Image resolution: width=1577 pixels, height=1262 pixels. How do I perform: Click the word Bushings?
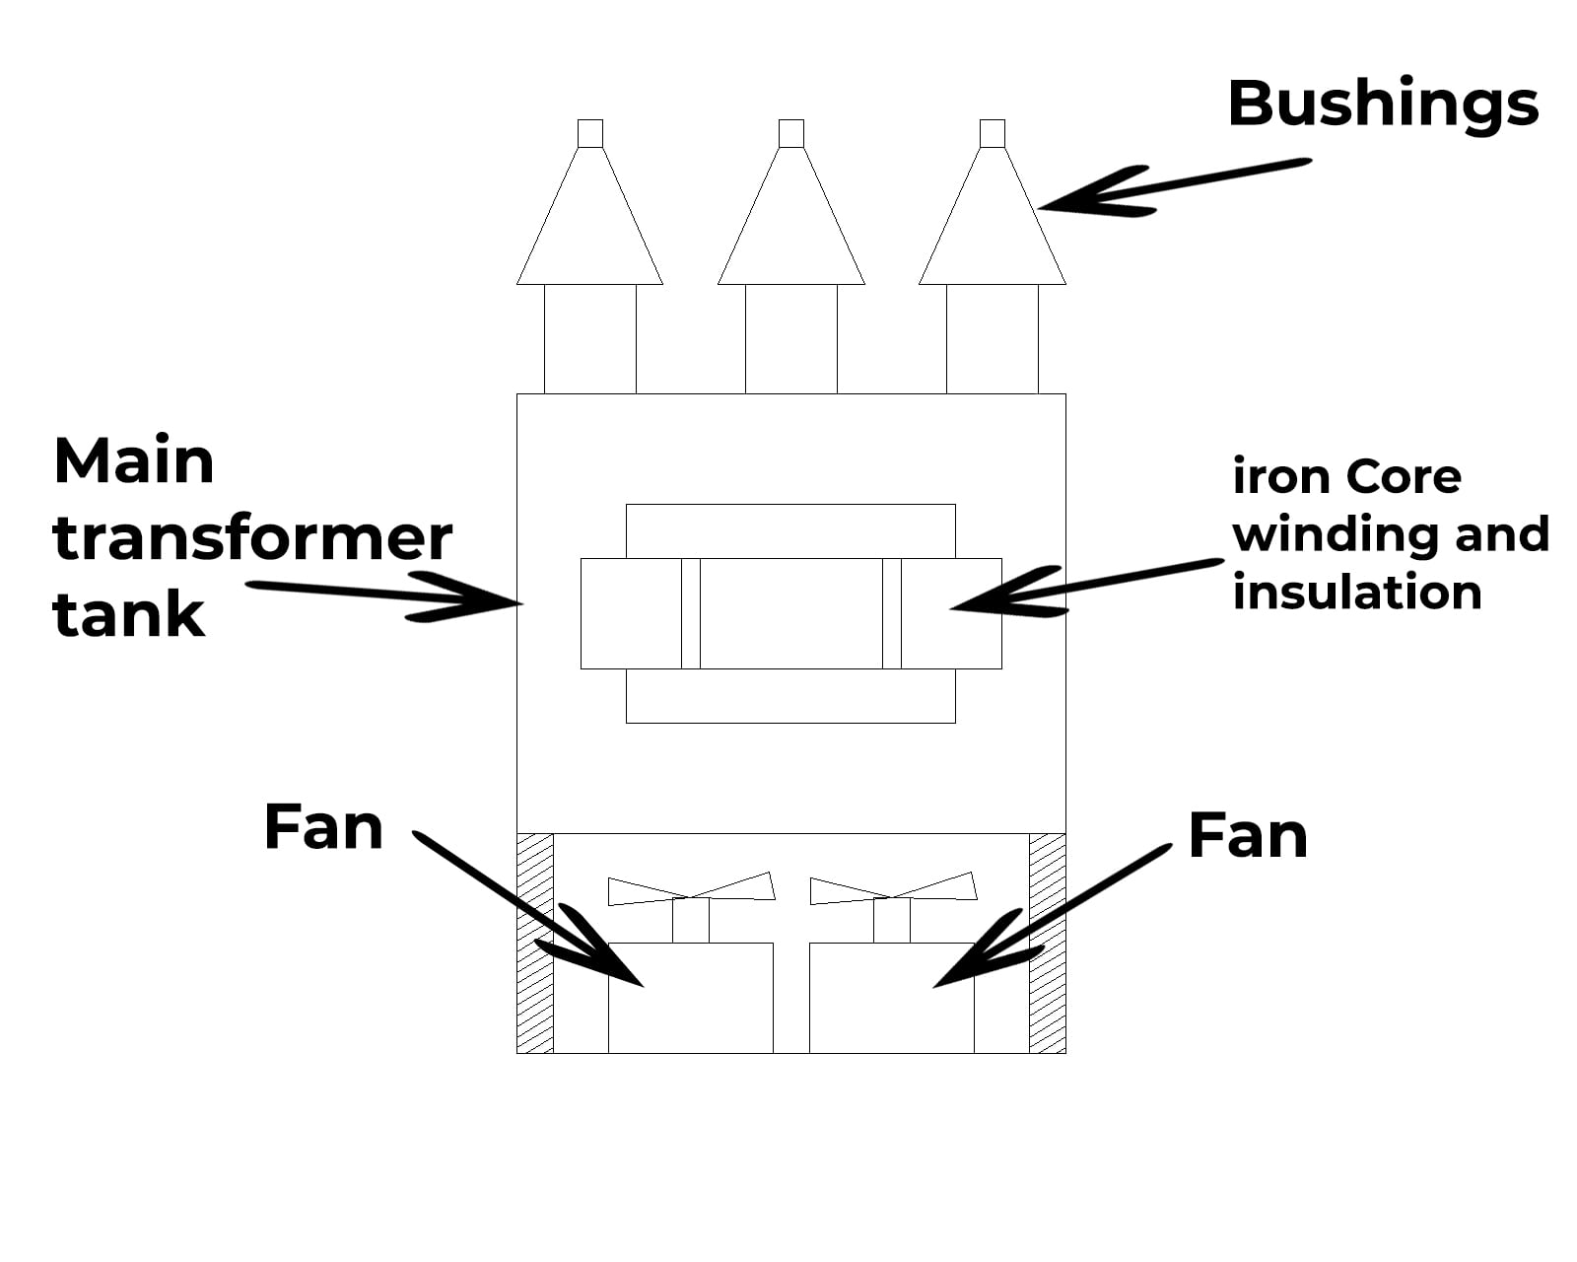[1382, 105]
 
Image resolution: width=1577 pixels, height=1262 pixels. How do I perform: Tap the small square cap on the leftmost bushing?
[589, 133]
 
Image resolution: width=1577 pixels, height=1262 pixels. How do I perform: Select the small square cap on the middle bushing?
[790, 133]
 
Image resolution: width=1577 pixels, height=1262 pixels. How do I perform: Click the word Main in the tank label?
[133, 461]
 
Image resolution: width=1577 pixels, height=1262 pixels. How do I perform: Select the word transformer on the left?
[251, 538]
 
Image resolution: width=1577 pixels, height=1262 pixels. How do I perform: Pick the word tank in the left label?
[128, 615]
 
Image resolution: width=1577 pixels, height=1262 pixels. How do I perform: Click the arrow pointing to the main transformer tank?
[384, 595]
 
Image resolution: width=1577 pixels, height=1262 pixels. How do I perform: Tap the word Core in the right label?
[1403, 477]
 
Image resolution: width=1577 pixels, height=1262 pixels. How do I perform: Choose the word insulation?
[1356, 593]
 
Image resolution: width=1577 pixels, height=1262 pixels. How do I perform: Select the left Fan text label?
[323, 827]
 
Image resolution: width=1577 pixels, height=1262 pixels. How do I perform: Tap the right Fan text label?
[1247, 836]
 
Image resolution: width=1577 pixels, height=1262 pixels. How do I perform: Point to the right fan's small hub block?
[891, 921]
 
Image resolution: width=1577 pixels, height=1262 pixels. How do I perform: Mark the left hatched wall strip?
[535, 943]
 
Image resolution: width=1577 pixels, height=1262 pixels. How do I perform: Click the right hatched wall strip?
[1047, 943]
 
